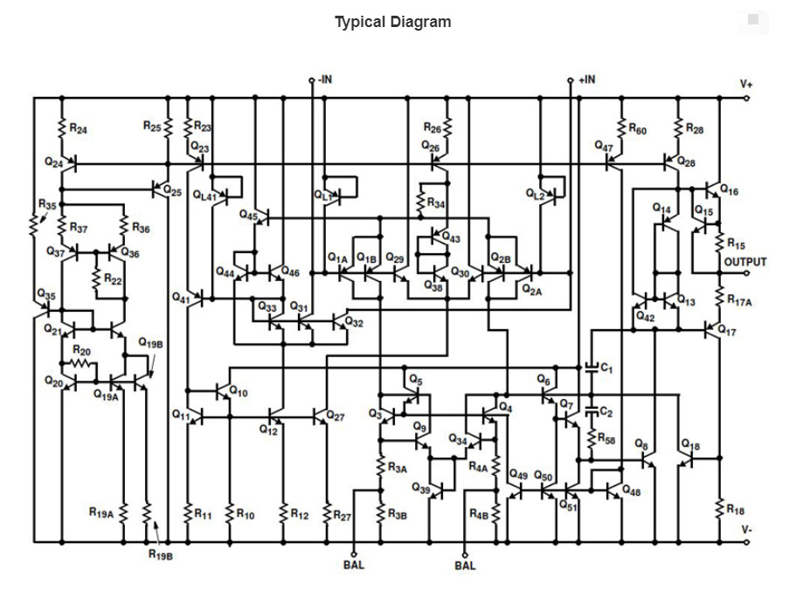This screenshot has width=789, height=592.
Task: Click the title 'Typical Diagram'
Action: click(393, 22)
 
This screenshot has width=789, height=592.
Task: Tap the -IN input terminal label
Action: click(325, 79)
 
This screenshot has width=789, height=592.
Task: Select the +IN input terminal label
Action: click(586, 79)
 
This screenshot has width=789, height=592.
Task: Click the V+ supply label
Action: click(745, 84)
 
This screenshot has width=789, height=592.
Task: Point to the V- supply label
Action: click(746, 530)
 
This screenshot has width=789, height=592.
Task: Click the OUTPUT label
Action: click(745, 262)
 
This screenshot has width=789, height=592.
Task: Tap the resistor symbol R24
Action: click(62, 127)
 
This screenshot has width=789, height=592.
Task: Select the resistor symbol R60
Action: click(621, 127)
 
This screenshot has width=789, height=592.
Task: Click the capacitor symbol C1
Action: click(592, 368)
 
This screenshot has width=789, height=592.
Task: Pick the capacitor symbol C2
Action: click(592, 411)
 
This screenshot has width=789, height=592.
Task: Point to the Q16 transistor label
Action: click(730, 190)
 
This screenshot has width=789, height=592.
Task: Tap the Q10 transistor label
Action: click(239, 391)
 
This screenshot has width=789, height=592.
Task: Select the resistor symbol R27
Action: click(327, 513)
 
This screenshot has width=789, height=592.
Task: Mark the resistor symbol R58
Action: click(592, 438)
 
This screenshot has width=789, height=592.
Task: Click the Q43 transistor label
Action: click(451, 237)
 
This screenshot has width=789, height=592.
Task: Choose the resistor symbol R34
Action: click(420, 202)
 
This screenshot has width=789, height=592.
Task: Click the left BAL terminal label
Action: click(354, 565)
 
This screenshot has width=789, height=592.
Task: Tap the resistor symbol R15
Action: click(720, 243)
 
